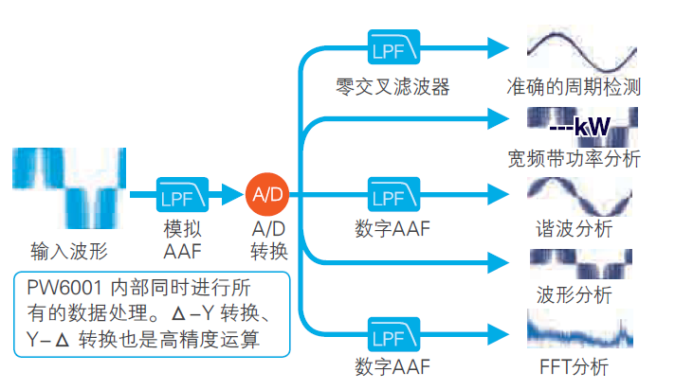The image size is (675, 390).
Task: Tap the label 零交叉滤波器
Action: pos(392,87)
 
